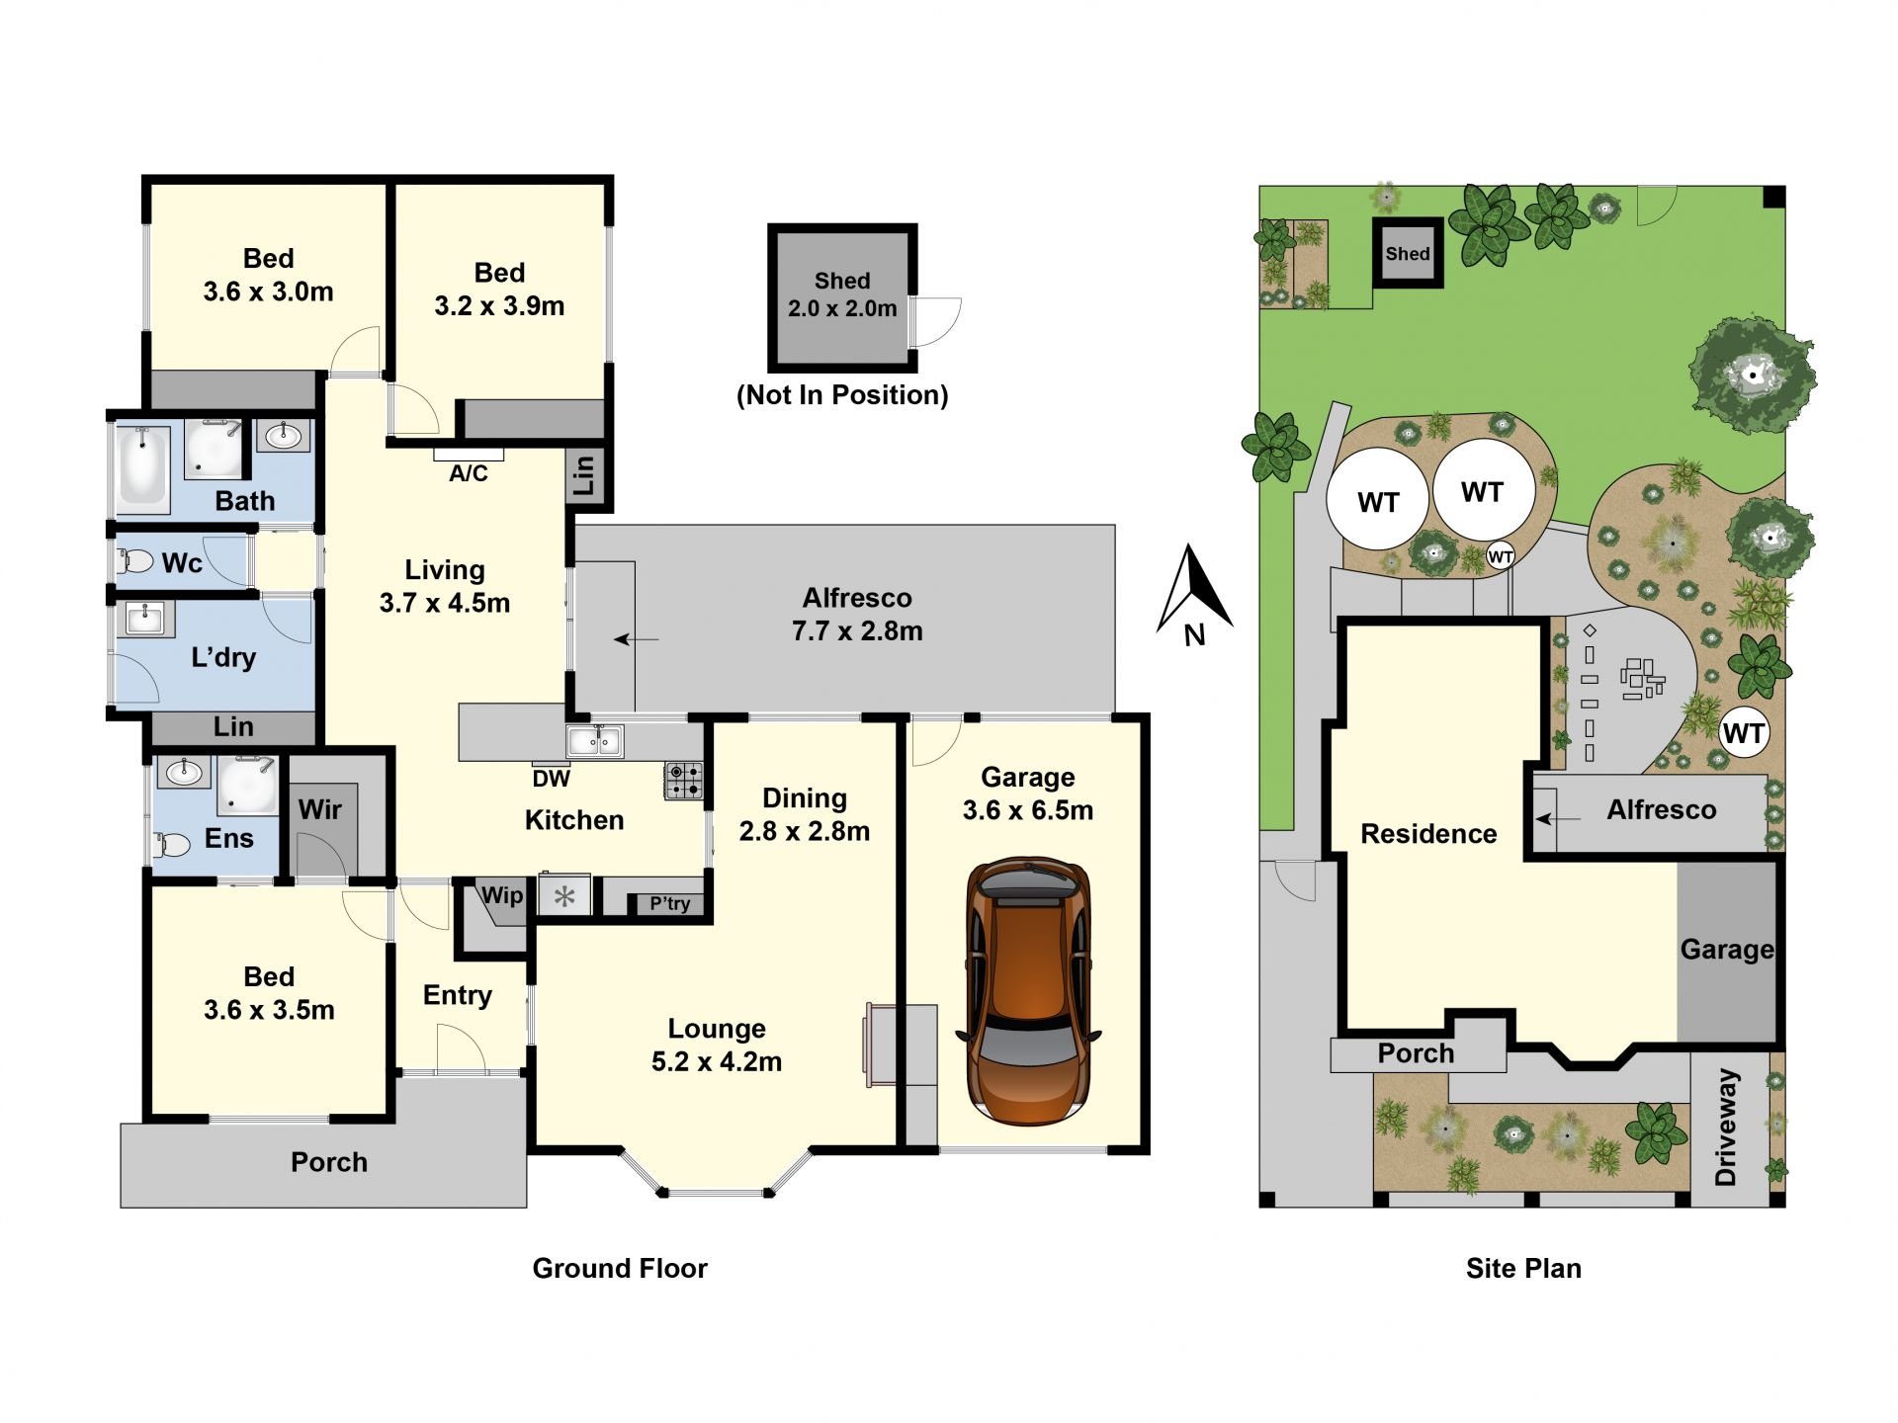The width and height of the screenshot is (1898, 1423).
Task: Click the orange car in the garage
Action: pos(1028,991)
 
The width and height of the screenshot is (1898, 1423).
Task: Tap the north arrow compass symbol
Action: pos(1194,593)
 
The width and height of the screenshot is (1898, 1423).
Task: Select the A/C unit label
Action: pos(469,474)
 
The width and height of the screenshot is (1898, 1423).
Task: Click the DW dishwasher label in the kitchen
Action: pos(551,779)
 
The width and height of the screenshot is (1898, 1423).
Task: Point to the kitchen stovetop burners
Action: pos(683,779)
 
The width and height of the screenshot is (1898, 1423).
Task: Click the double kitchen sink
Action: pos(594,740)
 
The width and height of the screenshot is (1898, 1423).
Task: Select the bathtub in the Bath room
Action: pos(144,468)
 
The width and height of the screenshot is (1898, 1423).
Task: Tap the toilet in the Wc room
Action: pos(136,562)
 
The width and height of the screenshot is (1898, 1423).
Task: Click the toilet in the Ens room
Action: pos(173,845)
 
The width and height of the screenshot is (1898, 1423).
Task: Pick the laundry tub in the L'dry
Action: pos(146,619)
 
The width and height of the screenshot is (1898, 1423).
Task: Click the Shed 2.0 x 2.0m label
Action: pos(842,294)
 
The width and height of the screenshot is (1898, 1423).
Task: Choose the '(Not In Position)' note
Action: pos(842,395)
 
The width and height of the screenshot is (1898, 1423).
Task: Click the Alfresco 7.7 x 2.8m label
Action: pos(857,614)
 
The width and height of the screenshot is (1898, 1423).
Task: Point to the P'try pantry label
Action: pos(670,903)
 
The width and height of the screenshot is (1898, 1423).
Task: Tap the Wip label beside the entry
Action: pos(502,895)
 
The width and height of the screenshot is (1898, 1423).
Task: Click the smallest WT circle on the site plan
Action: pos(1501,556)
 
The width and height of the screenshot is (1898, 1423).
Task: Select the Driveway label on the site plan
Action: pos(1726,1127)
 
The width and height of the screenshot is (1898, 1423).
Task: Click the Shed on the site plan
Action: pos(1408,253)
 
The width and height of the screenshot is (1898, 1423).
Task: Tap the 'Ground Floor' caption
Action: pos(620,1269)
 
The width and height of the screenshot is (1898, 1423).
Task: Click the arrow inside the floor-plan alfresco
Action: pos(636,639)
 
